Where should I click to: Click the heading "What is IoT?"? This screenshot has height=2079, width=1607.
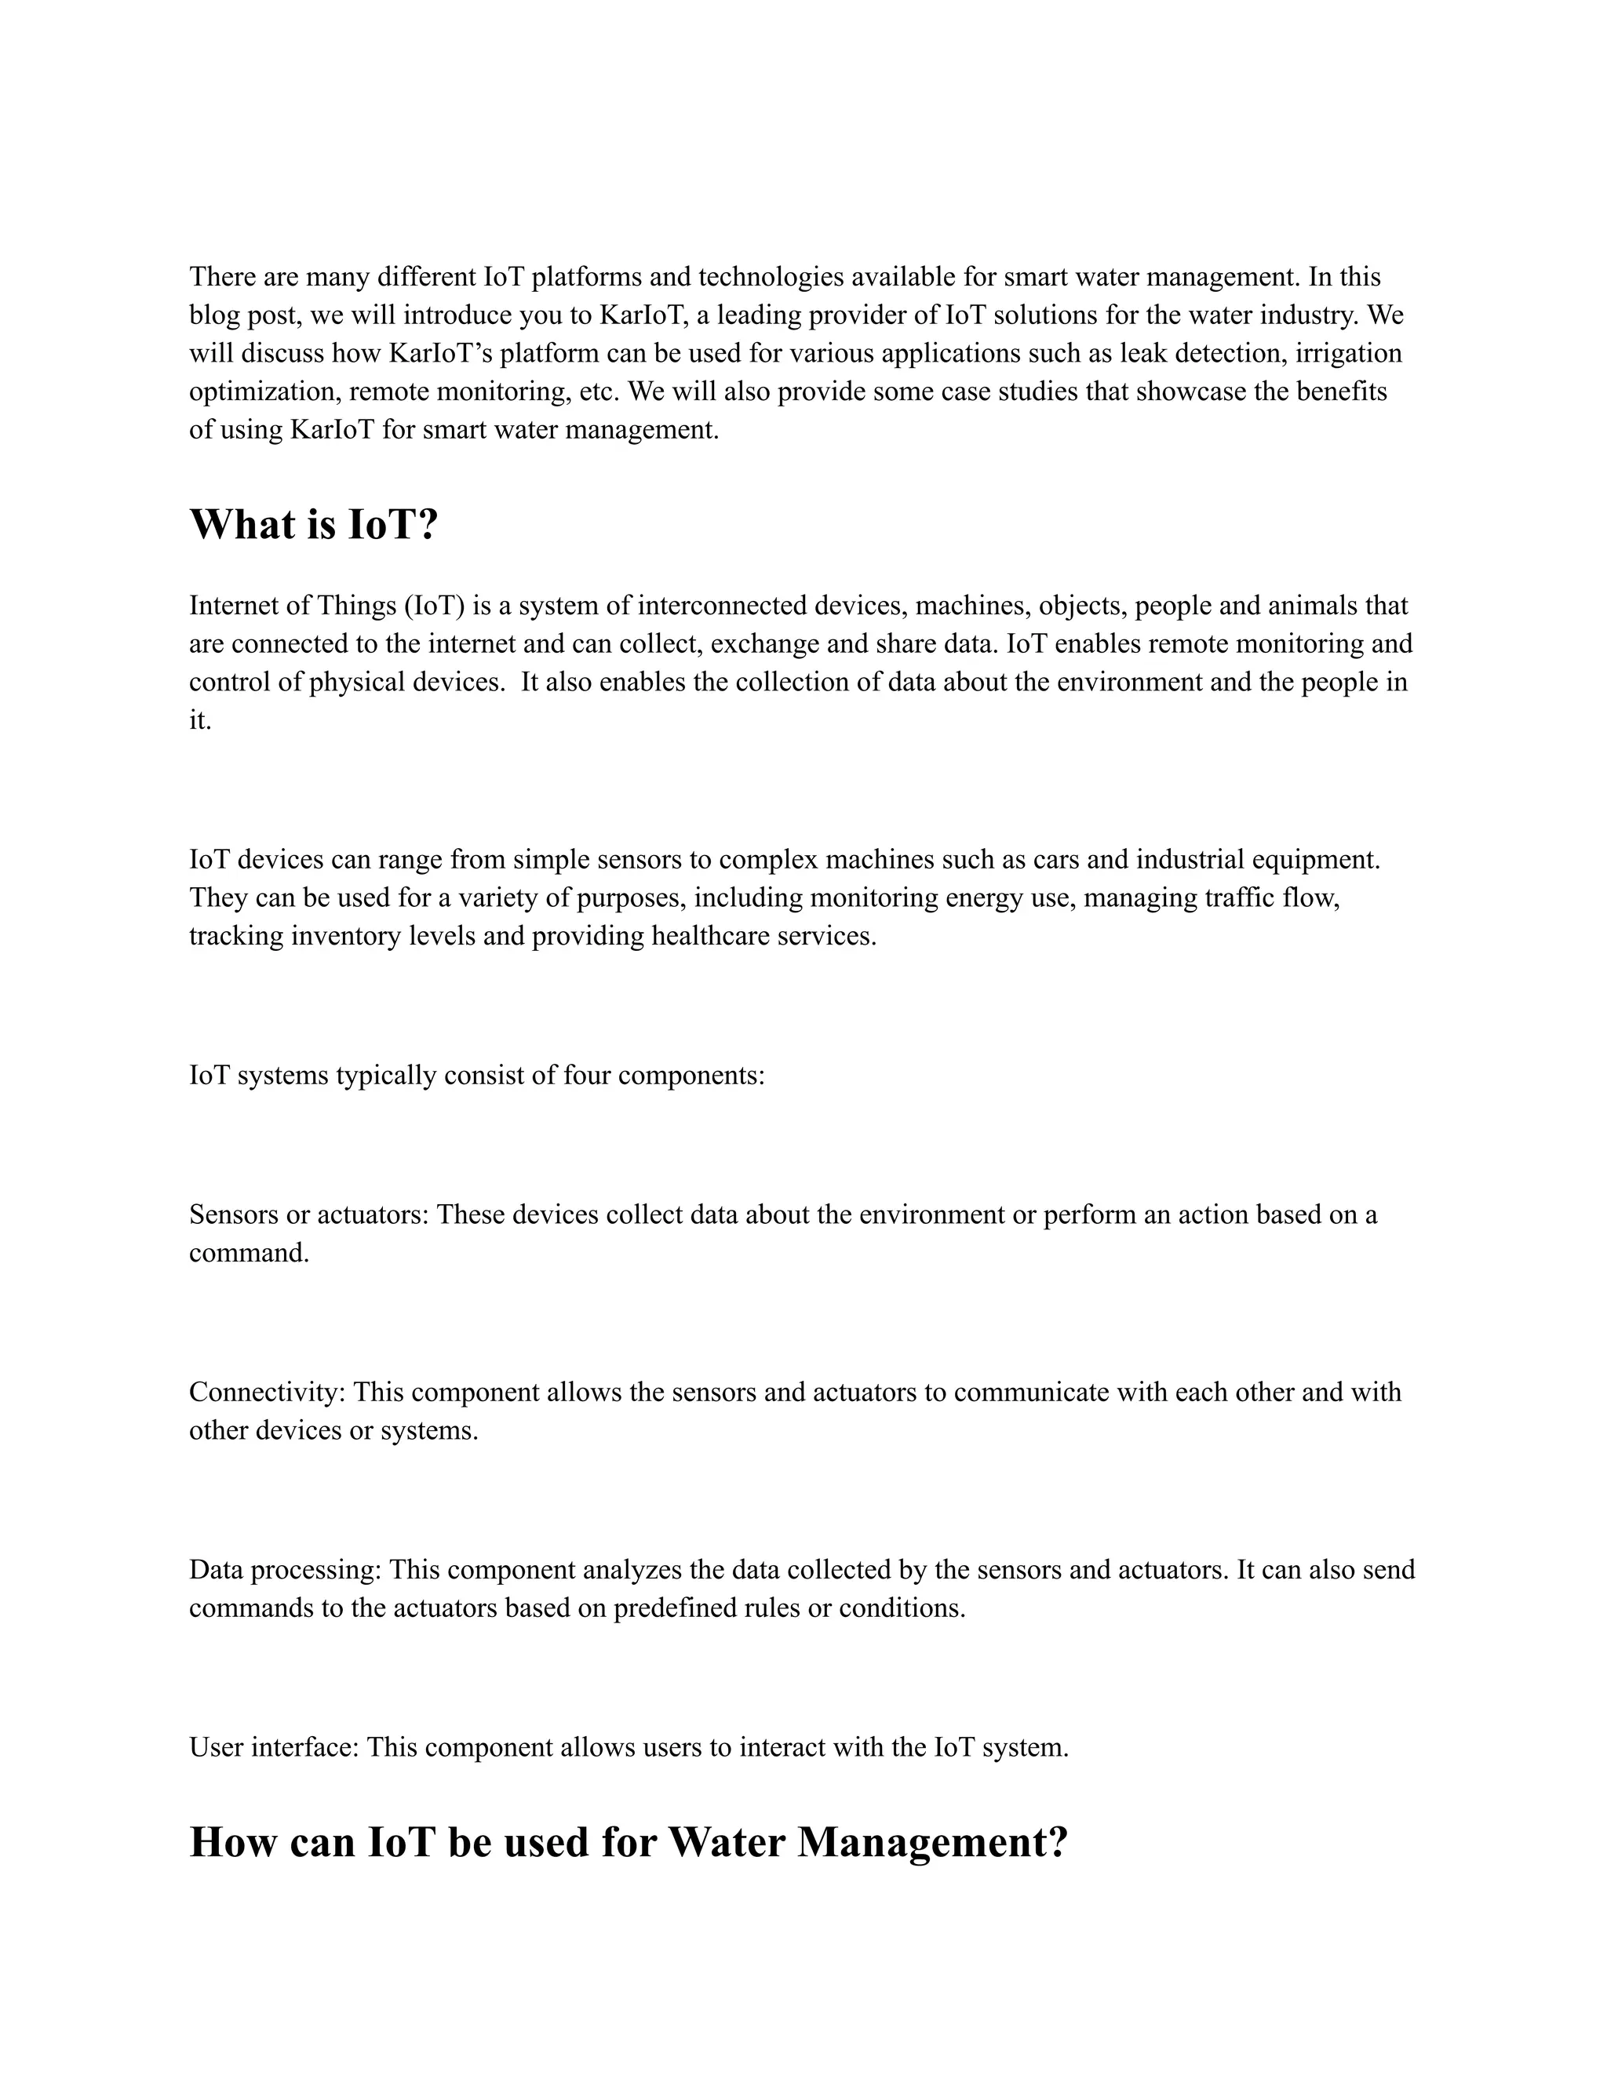point(313,525)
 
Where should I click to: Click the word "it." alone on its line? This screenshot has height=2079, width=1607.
point(200,721)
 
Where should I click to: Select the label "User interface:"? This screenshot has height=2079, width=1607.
point(273,1747)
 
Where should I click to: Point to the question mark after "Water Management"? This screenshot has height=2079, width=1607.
point(1057,1842)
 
